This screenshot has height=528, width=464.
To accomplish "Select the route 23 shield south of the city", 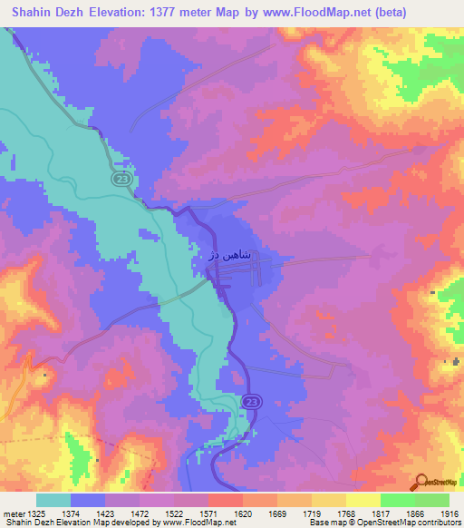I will [x=251, y=401].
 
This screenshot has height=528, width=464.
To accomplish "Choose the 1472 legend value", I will [x=165, y=514].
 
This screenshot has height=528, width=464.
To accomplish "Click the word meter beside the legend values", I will [x=12, y=514].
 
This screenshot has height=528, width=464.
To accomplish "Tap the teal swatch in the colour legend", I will [x=53, y=500].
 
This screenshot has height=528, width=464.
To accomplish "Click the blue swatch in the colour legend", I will [x=88, y=500].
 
